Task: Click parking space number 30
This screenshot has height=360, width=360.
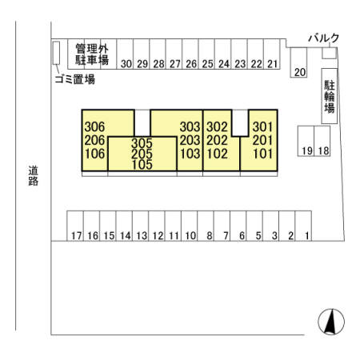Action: pos(125,54)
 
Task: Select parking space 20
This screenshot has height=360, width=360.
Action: pos(298,62)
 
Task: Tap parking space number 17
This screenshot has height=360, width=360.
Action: pos(75,226)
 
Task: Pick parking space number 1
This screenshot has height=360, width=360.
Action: pos(303,226)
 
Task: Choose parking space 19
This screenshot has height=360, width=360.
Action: pos(306,141)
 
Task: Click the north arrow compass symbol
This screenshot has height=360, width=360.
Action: pos(331,322)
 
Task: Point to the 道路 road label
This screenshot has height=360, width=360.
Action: pos(34,175)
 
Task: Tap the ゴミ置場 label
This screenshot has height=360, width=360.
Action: pos(75,79)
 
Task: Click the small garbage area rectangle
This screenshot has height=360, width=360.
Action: pos(56,53)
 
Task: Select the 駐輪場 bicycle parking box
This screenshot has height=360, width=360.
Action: pos(330,96)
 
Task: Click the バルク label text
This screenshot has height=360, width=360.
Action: pos(324,38)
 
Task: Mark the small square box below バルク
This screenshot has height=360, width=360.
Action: pos(330,53)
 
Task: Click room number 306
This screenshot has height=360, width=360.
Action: pos(94,127)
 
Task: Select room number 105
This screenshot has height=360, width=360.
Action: pos(142,165)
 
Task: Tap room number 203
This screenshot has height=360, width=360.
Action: pos(190,140)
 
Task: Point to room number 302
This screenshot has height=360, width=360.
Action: pos(217,127)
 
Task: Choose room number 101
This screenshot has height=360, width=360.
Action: pos(263,154)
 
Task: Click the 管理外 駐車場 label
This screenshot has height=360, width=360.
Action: pos(92,54)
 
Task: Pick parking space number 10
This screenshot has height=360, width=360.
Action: pos(190,226)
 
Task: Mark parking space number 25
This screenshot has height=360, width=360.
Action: pos(206,54)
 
